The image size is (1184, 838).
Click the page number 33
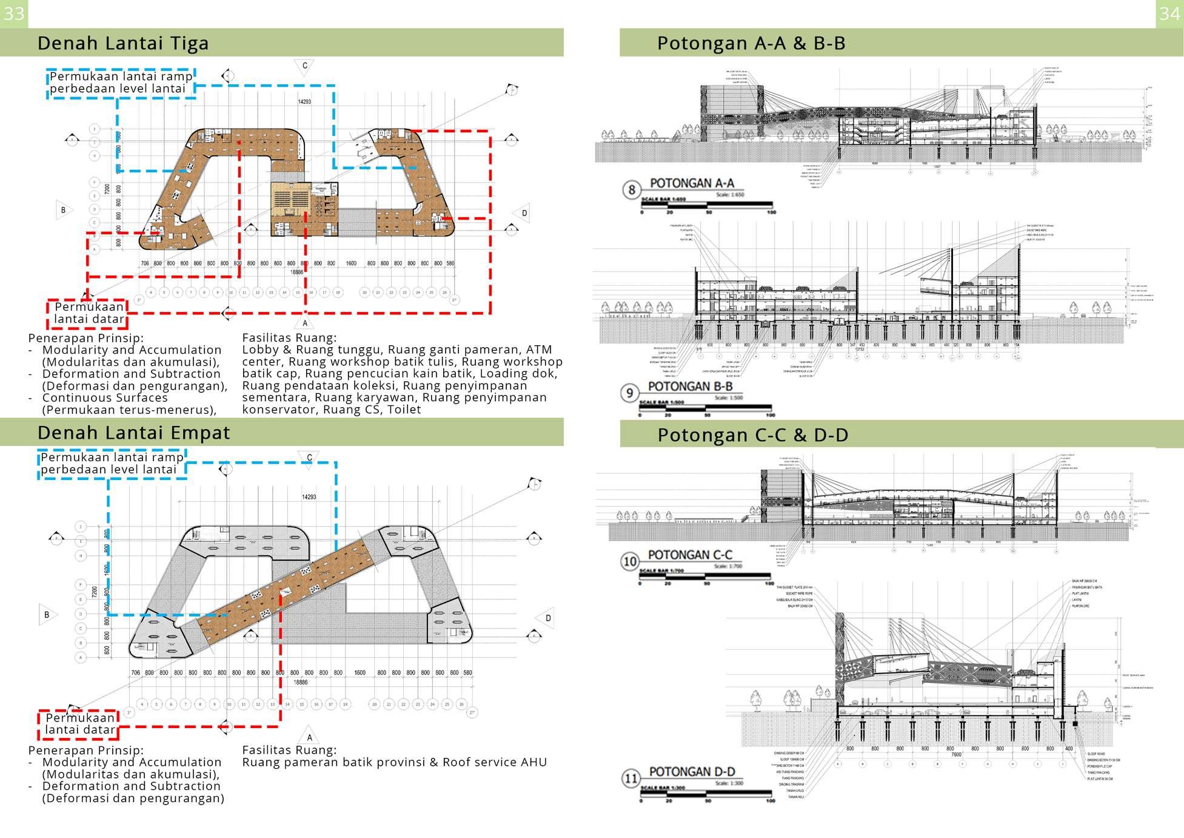pyautogui.click(x=13, y=13)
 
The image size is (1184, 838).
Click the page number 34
pyautogui.click(x=1169, y=13)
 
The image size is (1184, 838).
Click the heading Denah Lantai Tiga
pyautogui.click(x=123, y=43)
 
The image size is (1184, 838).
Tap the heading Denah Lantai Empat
pyautogui.click(x=133, y=433)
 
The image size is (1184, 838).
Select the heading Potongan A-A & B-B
pyautogui.click(x=751, y=43)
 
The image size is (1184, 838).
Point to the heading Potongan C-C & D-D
pyautogui.click(x=753, y=435)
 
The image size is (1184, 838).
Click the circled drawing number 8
pyautogui.click(x=631, y=190)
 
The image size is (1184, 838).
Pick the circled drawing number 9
pyautogui.click(x=629, y=393)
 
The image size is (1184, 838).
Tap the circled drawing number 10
pyautogui.click(x=630, y=561)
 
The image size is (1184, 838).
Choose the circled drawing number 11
pyautogui.click(x=630, y=779)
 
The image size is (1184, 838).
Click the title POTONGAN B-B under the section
pyautogui.click(x=690, y=387)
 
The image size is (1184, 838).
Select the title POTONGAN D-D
pyautogui.click(x=692, y=772)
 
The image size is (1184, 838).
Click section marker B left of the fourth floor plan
pyautogui.click(x=47, y=615)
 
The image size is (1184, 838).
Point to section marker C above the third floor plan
pyautogui.click(x=304, y=66)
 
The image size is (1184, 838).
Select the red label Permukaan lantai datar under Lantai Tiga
pyautogui.click(x=89, y=313)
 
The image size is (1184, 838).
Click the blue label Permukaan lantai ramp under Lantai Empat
pyautogui.click(x=112, y=464)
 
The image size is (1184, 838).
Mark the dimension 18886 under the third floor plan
pyautogui.click(x=296, y=272)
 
